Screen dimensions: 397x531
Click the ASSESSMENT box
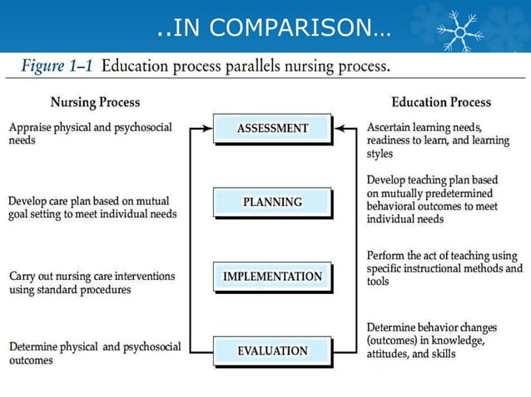coord(272,129)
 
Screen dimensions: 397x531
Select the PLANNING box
coord(272,202)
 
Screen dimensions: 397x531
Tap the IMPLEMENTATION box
coord(272,277)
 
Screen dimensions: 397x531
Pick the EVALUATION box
coord(272,351)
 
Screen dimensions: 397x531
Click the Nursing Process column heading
coord(95,102)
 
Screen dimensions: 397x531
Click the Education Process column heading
coord(441,102)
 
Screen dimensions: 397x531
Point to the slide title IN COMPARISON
coord(273,29)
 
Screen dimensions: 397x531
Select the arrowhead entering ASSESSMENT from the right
coord(338,129)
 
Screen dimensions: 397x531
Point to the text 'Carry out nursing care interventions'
coord(91,276)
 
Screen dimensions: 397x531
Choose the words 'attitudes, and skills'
coord(410,353)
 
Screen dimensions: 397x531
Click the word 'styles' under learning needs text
coord(380,154)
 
